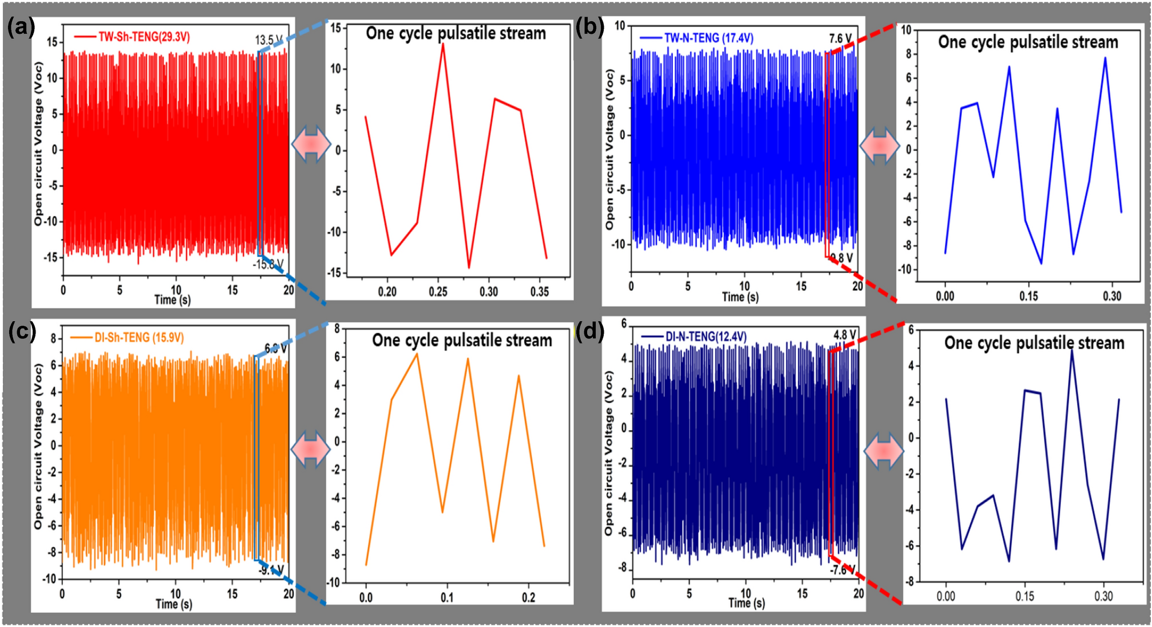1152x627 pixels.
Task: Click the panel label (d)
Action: pyautogui.click(x=590, y=332)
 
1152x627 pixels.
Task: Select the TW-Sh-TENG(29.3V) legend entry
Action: pyautogui.click(x=144, y=37)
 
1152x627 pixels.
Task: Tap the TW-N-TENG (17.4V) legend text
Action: pyautogui.click(x=708, y=38)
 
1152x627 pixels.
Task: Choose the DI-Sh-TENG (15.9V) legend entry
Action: pyautogui.click(x=138, y=338)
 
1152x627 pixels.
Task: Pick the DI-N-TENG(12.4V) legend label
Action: pyautogui.click(x=706, y=337)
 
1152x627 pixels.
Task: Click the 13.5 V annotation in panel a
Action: pyautogui.click(x=268, y=40)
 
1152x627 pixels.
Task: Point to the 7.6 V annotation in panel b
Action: pyautogui.click(x=840, y=38)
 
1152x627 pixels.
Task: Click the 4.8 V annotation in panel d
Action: pyautogui.click(x=844, y=335)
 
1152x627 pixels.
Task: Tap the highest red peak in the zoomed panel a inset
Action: pyautogui.click(x=443, y=44)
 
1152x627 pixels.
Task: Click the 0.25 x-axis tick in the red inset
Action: pyautogui.click(x=438, y=292)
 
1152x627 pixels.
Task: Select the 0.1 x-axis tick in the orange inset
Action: pyautogui.click(x=447, y=598)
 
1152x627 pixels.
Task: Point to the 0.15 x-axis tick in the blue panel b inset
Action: pyautogui.click(x=1028, y=296)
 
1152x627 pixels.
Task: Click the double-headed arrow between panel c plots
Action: pyautogui.click(x=311, y=449)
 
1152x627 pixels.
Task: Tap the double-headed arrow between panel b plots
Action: pyautogui.click(x=880, y=145)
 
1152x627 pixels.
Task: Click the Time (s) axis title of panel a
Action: pyautogui.click(x=172, y=299)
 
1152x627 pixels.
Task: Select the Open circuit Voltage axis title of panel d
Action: pyautogui.click(x=608, y=452)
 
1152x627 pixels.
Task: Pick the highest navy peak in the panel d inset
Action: pyautogui.click(x=1071, y=349)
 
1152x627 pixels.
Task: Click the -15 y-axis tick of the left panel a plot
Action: pyautogui.click(x=52, y=258)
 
